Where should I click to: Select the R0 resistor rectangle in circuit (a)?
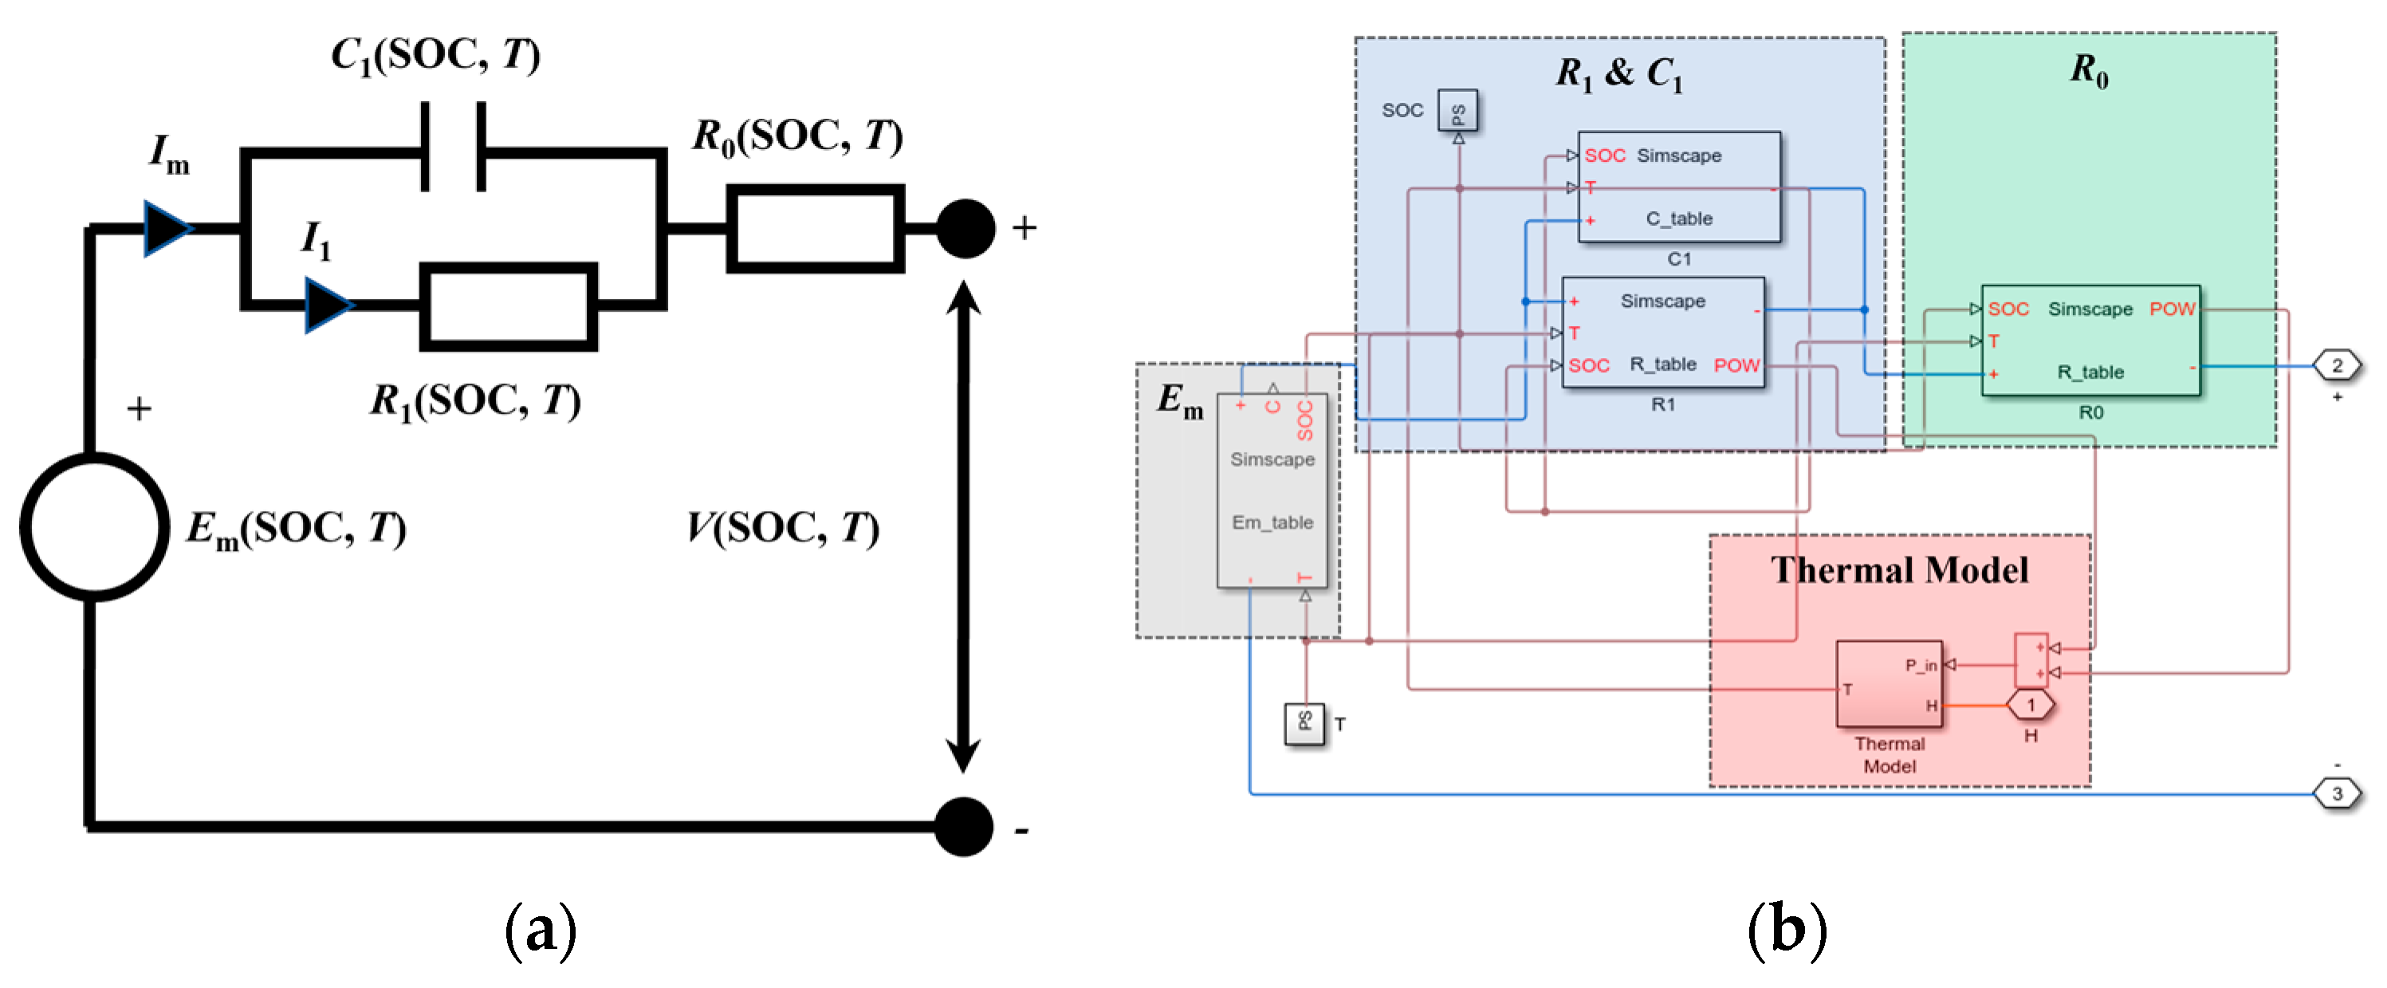click(x=815, y=228)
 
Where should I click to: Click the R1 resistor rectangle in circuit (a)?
click(x=508, y=306)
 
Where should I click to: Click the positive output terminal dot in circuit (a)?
click(x=965, y=228)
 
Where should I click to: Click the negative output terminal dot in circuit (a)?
click(x=964, y=826)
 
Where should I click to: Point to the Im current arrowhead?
click(x=167, y=228)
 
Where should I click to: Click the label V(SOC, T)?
click(x=782, y=529)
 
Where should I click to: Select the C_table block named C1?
click(x=1679, y=187)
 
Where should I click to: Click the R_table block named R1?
click(x=1663, y=333)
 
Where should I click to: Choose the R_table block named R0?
click(x=2090, y=340)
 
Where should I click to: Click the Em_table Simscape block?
click(x=1272, y=490)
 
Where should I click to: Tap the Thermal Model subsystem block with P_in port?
click(x=1889, y=684)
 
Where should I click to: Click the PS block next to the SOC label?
click(x=1457, y=111)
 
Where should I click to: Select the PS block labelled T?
click(x=1304, y=724)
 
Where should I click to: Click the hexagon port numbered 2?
click(x=2337, y=365)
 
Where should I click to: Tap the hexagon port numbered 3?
click(x=2337, y=793)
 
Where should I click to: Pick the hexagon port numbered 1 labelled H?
click(x=2031, y=706)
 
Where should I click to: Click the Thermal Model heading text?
click(x=1900, y=570)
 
